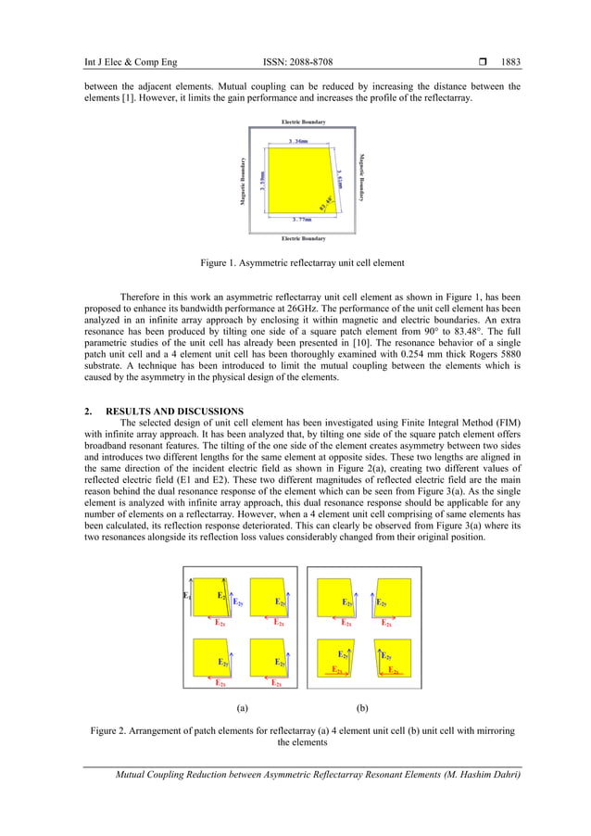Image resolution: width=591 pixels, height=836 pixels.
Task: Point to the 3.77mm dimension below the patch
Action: [x=300, y=220]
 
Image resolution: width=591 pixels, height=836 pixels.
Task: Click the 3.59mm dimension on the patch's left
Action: [x=264, y=181]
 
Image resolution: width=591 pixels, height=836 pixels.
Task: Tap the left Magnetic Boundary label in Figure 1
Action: [x=243, y=181]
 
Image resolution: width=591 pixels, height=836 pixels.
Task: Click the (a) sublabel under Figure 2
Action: [x=241, y=707]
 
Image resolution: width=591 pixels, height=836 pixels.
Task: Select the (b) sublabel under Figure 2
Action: [x=361, y=707]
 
